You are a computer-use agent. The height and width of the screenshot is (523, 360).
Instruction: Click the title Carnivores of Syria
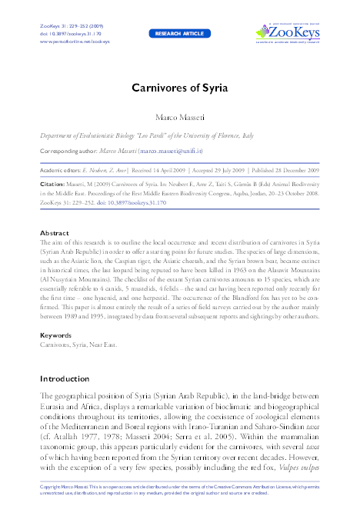pos(180,87)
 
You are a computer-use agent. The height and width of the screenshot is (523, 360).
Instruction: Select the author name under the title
pos(179,116)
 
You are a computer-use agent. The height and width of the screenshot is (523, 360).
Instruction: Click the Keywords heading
pos(56,335)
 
